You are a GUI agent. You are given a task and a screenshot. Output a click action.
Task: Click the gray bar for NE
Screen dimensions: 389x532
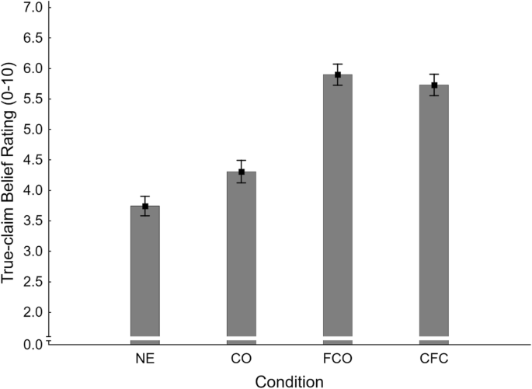[x=145, y=272]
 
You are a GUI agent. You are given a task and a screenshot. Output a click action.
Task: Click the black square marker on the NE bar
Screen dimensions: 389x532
[x=145, y=207]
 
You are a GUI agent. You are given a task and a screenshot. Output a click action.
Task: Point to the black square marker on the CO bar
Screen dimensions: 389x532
[x=242, y=172]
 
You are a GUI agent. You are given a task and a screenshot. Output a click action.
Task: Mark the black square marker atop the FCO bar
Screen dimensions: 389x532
[x=338, y=75]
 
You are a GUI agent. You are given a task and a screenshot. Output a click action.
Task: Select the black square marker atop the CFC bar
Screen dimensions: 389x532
[x=434, y=85]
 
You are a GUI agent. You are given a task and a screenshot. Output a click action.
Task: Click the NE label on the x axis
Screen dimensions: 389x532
[x=145, y=359]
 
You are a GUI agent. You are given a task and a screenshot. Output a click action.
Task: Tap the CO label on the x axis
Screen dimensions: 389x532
[x=242, y=359]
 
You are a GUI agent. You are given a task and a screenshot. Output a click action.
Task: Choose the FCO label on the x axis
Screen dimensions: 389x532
[x=338, y=359]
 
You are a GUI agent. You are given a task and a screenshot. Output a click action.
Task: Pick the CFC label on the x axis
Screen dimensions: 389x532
[x=434, y=359]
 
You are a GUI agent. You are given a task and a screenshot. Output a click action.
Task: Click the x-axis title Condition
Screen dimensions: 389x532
[x=289, y=380]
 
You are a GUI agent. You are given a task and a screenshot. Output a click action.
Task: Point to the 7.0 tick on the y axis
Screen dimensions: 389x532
[x=32, y=8]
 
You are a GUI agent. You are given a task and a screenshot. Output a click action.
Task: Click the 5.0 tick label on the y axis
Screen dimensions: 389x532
[x=32, y=130]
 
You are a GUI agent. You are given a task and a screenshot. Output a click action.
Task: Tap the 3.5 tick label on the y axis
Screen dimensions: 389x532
[x=32, y=221]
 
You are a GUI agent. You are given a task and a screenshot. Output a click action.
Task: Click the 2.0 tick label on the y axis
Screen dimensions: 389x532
[x=32, y=312]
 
